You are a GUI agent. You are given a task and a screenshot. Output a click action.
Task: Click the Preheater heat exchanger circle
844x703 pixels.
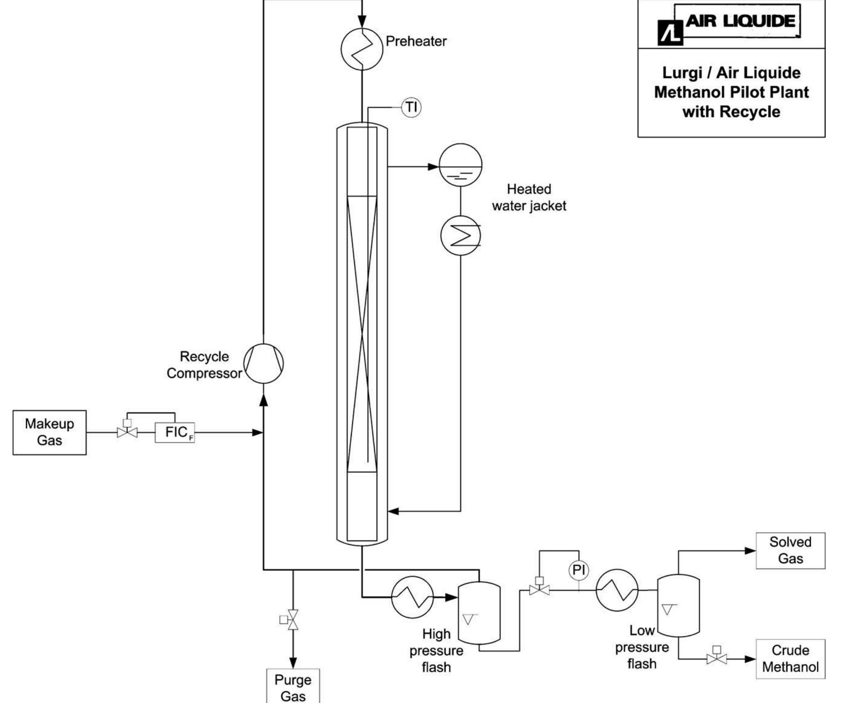361,49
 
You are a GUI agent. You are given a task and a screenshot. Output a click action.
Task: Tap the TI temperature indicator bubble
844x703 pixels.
411,107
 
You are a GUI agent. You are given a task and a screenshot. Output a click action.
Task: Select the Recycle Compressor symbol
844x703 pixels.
264,363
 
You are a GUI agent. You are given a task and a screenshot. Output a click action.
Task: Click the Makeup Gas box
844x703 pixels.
50,432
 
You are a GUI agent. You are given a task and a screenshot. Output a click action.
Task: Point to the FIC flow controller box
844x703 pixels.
175,433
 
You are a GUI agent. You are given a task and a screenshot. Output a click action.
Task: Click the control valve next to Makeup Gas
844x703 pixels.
127,432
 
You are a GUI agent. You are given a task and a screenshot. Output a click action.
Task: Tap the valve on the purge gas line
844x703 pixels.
293,620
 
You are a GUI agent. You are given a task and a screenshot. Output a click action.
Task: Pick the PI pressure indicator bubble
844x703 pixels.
578,570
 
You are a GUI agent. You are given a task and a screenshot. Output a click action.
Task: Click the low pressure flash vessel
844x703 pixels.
678,605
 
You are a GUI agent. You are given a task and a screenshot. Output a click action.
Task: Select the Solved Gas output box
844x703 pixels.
790,551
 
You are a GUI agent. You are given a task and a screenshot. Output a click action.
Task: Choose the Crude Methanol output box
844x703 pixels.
790,659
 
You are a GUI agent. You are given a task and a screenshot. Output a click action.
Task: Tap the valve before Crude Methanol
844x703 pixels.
717,659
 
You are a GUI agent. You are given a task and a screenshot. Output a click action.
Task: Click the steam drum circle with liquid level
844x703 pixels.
461,165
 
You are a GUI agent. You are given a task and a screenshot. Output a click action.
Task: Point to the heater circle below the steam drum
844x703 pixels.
461,236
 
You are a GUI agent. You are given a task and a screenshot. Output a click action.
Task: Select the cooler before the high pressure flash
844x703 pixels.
412,597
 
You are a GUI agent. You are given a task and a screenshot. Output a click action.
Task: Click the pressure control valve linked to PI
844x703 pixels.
539,590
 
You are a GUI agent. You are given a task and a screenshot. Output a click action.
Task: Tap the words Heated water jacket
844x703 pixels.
529,197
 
